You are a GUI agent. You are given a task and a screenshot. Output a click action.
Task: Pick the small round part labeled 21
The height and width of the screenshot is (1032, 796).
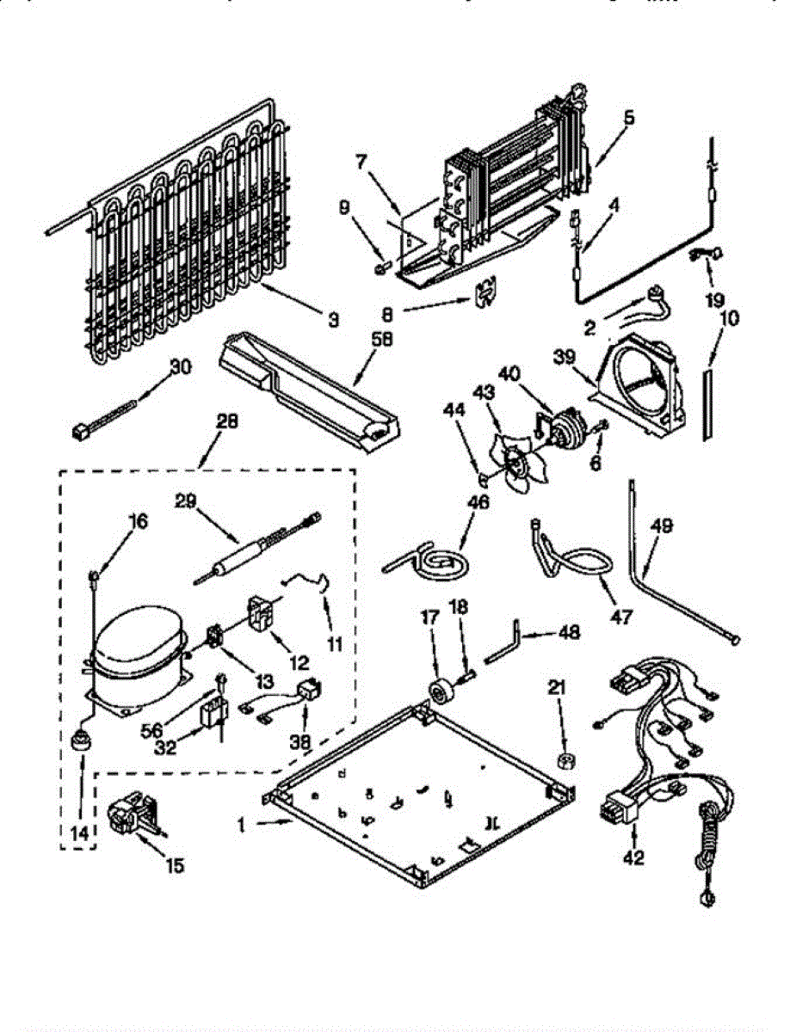[x=567, y=760]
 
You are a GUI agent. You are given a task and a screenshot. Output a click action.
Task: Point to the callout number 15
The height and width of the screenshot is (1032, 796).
[x=175, y=866]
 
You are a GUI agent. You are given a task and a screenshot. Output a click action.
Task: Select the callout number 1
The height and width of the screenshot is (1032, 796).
[x=243, y=824]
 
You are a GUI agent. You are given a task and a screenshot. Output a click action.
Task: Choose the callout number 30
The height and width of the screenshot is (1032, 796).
[x=182, y=366]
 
